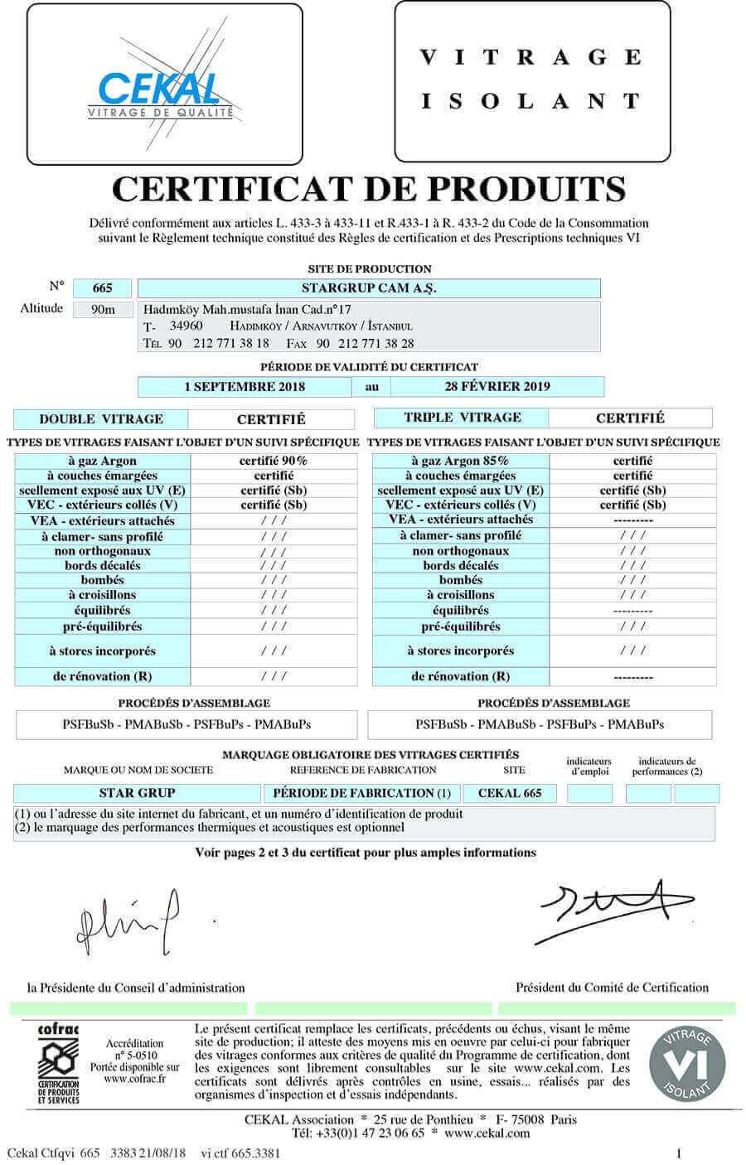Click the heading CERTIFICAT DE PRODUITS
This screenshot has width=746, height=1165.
369,189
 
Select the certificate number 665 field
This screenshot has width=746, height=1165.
103,288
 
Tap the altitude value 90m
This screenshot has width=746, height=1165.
103,310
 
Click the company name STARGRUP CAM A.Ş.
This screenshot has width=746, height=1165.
369,288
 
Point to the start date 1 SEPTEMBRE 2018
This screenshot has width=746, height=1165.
245,386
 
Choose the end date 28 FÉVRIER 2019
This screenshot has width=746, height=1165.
497,386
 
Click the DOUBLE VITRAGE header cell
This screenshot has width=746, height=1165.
101,419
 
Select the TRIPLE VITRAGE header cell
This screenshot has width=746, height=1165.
463,418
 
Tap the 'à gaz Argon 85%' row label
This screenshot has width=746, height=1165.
460,461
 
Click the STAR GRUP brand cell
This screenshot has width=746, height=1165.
137,793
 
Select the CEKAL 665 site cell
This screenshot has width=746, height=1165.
510,793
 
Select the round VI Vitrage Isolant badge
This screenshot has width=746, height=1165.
686,1064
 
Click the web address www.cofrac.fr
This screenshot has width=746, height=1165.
134,1079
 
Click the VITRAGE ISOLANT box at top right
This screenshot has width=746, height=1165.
531,80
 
